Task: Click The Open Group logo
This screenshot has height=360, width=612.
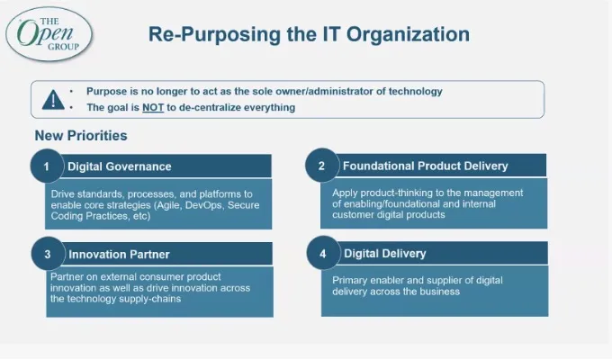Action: click(x=49, y=34)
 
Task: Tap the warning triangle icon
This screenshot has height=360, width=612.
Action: click(x=53, y=100)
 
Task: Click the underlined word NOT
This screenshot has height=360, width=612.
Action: click(x=153, y=107)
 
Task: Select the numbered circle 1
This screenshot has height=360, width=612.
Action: click(x=47, y=166)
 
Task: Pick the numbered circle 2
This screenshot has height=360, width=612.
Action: click(x=322, y=166)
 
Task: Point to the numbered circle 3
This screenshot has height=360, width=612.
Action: click(x=48, y=254)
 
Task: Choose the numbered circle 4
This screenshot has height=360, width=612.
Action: click(x=323, y=253)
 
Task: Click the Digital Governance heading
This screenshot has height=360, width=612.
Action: click(x=120, y=166)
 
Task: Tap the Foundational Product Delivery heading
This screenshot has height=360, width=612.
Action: click(x=426, y=166)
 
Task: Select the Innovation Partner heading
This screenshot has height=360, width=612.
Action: click(x=119, y=255)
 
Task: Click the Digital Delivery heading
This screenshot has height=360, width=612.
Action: click(x=385, y=254)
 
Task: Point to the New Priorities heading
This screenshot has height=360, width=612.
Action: click(x=81, y=136)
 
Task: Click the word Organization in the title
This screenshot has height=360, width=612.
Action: click(x=409, y=34)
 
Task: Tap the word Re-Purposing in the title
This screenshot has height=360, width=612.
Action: click(x=214, y=35)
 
